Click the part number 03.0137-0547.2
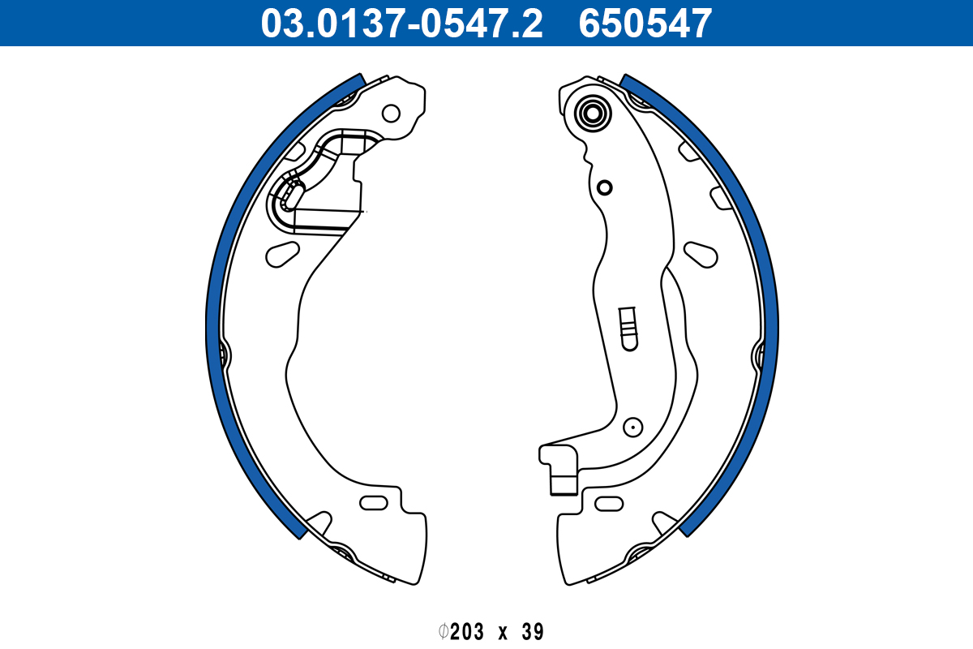[401, 24]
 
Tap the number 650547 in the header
[645, 24]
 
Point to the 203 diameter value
[467, 632]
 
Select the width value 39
[533, 632]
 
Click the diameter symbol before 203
[443, 632]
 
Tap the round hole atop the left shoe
[391, 114]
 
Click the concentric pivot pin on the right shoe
[593, 114]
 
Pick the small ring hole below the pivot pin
[604, 187]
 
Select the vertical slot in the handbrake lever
[628, 329]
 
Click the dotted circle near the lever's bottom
[633, 428]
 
